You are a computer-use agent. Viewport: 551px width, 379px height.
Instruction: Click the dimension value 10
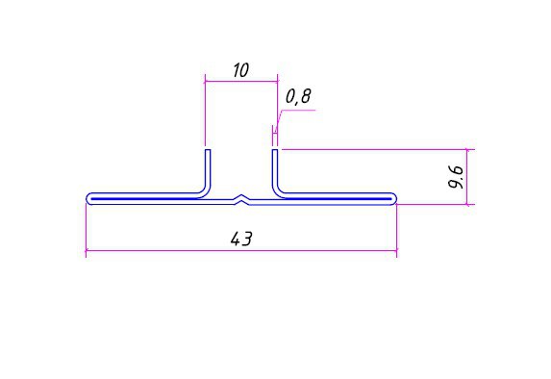click(x=241, y=70)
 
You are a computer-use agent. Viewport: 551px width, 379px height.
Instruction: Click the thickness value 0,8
click(x=298, y=97)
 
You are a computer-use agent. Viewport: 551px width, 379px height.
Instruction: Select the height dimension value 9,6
click(x=457, y=177)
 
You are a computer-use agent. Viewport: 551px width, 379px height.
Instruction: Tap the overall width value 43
click(x=241, y=240)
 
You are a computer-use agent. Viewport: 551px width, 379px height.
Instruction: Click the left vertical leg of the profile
click(x=208, y=168)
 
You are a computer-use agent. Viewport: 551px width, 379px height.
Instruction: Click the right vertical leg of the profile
click(x=275, y=168)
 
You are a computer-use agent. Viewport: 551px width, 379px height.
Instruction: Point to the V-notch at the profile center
click(x=241, y=199)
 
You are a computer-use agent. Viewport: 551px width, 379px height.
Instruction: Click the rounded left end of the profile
click(x=88, y=199)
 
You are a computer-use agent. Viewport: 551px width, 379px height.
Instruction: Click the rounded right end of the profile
click(x=394, y=199)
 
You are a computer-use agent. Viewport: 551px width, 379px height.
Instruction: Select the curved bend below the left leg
click(x=207, y=191)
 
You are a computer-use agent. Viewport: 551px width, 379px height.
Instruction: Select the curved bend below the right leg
click(x=277, y=191)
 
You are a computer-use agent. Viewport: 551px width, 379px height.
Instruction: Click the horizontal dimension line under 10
click(x=241, y=81)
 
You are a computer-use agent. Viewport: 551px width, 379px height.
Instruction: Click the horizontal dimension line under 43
click(x=241, y=251)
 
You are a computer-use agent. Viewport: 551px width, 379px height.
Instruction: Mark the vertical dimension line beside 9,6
click(x=467, y=177)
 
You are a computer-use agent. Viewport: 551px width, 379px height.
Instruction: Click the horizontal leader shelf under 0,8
click(x=298, y=110)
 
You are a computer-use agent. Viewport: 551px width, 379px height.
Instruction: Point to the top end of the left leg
click(x=208, y=150)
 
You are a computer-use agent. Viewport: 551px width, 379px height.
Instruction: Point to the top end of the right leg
click(x=275, y=150)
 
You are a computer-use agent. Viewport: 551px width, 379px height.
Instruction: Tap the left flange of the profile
click(x=144, y=199)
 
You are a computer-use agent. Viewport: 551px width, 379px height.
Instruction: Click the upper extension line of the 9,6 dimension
click(x=378, y=149)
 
